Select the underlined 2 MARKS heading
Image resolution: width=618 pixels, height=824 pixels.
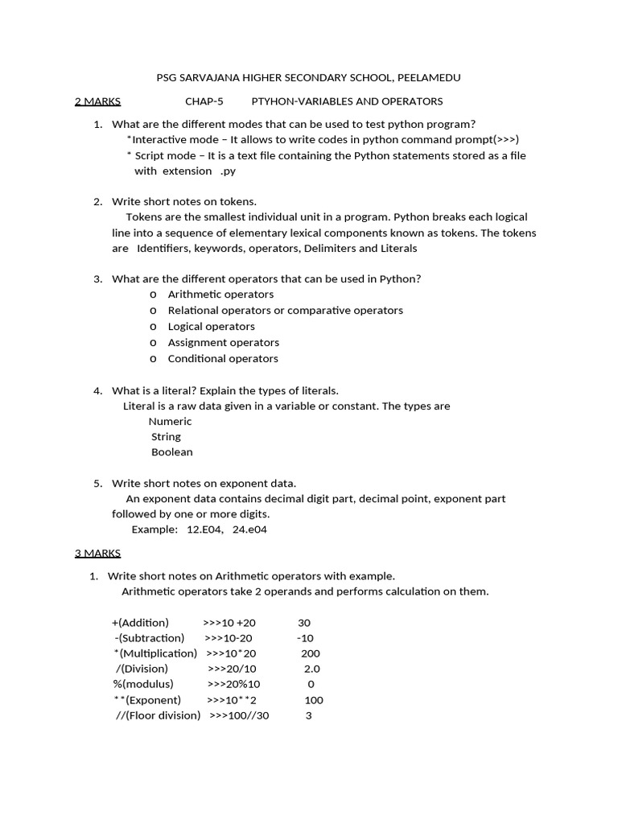coord(97,101)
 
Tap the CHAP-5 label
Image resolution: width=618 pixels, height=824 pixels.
coord(204,101)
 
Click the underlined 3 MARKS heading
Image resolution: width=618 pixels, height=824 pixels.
coord(97,553)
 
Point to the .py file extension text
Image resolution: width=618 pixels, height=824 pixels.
coord(229,171)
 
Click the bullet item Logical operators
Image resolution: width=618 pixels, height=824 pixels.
coord(211,326)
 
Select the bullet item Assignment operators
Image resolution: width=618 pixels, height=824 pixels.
coord(223,342)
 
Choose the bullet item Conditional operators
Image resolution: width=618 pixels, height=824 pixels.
coord(223,358)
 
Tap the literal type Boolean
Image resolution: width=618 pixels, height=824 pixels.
coord(172,451)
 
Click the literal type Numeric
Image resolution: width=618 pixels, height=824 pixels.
coord(170,421)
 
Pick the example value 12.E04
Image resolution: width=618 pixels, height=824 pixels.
coord(204,529)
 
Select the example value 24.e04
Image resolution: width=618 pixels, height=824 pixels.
coord(249,529)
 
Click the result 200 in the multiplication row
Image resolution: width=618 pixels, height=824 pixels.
coord(310,653)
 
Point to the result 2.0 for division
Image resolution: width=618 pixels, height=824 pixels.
coord(311,669)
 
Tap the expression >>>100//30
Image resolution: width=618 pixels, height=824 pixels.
coord(239,715)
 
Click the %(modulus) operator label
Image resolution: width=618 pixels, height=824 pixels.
coord(142,684)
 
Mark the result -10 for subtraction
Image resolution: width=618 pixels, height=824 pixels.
coord(305,638)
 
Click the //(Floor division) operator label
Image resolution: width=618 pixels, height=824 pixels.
coord(159,715)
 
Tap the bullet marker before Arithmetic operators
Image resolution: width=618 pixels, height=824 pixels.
coord(153,295)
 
